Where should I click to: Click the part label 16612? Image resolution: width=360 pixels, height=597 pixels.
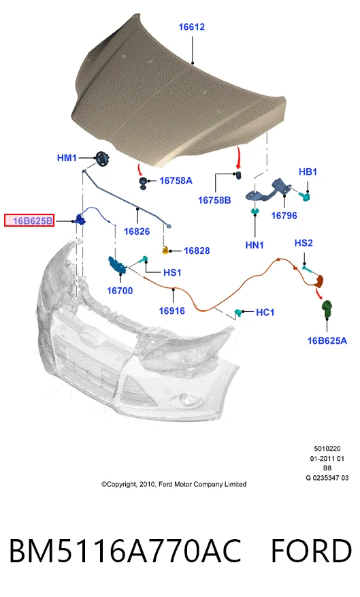[191, 27]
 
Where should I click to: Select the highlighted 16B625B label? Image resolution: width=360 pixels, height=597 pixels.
[29, 221]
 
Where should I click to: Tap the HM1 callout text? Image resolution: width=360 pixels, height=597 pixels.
[67, 158]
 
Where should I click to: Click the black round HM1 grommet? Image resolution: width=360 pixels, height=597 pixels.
[102, 159]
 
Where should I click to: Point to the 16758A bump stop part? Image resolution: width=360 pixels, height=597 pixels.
[143, 182]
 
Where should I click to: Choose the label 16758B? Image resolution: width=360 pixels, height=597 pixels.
[214, 200]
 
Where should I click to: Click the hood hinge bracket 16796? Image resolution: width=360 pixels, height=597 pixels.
[268, 191]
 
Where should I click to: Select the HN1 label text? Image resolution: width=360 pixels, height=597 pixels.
[255, 245]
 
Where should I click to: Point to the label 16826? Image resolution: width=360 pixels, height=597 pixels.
[137, 231]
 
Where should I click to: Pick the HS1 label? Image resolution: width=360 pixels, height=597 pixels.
[172, 272]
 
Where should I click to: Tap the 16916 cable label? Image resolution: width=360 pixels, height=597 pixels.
[171, 310]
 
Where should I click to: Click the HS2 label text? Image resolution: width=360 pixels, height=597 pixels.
[304, 243]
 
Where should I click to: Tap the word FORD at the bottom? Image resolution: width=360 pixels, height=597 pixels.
[311, 551]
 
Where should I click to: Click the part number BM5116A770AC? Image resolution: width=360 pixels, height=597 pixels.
[125, 551]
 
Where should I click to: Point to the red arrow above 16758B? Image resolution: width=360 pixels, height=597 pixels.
[239, 158]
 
